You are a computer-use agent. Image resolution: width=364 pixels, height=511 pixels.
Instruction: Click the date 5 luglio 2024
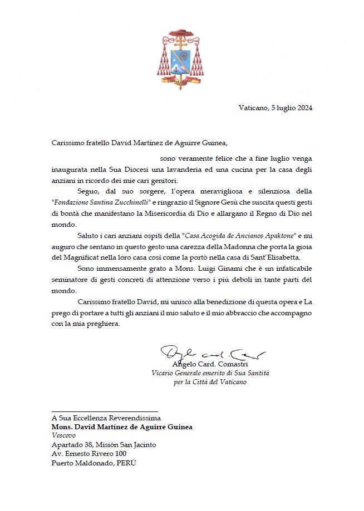pos(292,108)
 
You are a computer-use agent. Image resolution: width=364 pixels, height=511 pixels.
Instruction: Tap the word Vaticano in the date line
pos(254,108)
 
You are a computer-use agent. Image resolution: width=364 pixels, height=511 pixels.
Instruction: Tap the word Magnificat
pos(84,259)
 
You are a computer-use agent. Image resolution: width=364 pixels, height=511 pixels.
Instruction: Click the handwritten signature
pos(211,353)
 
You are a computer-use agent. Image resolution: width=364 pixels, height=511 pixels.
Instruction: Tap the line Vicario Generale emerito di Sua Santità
pos(210,373)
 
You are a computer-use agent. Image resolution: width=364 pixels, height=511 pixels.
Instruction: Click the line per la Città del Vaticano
pos(210,382)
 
